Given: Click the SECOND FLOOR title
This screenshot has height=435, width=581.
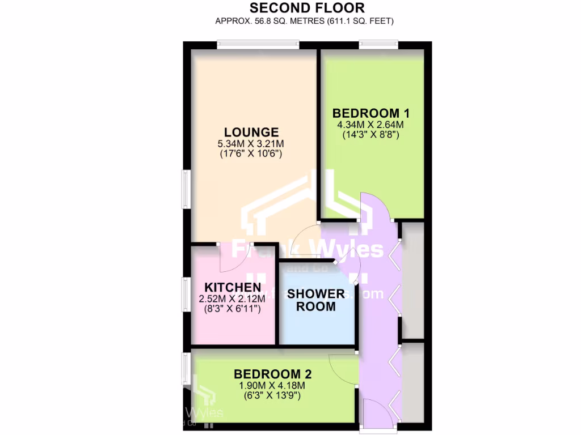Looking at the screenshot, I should tap(307, 8).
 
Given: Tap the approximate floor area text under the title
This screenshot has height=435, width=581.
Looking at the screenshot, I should tap(304, 21).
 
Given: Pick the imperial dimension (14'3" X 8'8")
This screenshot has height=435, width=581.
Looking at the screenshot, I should tap(371, 135).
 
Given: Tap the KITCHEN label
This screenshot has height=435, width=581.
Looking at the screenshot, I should tap(233, 287).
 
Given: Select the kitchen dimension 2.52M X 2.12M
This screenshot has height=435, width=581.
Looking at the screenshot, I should tap(233, 298).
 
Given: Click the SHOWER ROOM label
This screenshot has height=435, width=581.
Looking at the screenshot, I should tap(315, 300).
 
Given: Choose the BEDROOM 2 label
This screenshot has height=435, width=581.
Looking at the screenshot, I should tap(272, 374).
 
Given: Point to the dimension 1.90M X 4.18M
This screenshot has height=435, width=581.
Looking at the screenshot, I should tap(272, 386).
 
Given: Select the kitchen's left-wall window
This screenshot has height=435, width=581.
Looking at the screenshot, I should tap(184, 295).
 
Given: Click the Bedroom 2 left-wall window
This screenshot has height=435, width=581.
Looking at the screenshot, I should tap(184, 369).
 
